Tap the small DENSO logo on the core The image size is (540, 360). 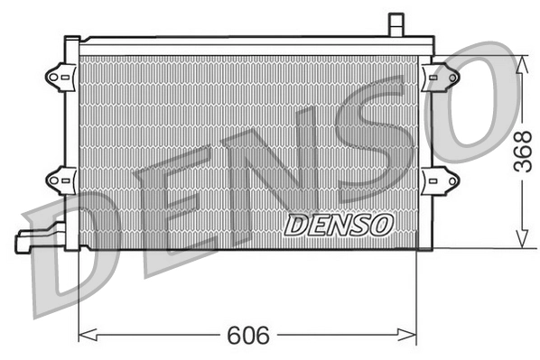pos(339,224)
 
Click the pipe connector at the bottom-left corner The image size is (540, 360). pos(33,239)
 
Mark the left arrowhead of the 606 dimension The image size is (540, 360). pos(85,337)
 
